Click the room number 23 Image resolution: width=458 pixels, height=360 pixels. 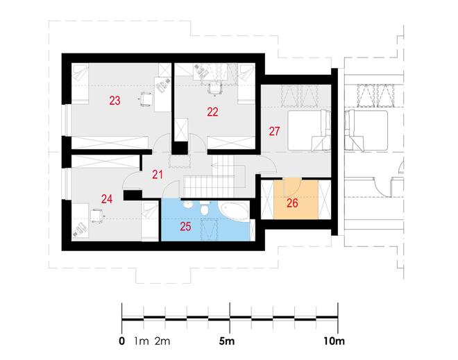[x=114, y=101]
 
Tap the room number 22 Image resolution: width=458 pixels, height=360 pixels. [x=212, y=112]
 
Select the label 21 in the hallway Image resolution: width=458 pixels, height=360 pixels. [x=158, y=175]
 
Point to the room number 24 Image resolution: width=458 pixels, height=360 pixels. [x=107, y=199]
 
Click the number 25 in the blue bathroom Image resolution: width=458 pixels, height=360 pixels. [x=185, y=226]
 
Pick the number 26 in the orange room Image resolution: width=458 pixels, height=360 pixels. [x=292, y=203]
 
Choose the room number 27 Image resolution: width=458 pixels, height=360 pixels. [x=274, y=131]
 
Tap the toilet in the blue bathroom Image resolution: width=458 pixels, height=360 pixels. [x=204, y=209]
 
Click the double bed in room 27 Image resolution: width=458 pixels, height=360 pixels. [x=309, y=130]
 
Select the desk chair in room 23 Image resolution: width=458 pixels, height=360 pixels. [x=146, y=99]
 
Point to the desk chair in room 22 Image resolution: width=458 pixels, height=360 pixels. [x=214, y=89]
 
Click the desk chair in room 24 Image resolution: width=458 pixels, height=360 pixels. [x=96, y=216]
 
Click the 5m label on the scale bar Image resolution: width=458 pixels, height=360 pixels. [x=227, y=341]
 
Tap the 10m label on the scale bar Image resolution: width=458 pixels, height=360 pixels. [x=334, y=341]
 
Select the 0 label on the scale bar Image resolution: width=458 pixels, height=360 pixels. [x=122, y=341]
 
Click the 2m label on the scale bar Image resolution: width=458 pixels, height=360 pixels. [x=162, y=341]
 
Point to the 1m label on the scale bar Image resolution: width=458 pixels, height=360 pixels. [x=142, y=341]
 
